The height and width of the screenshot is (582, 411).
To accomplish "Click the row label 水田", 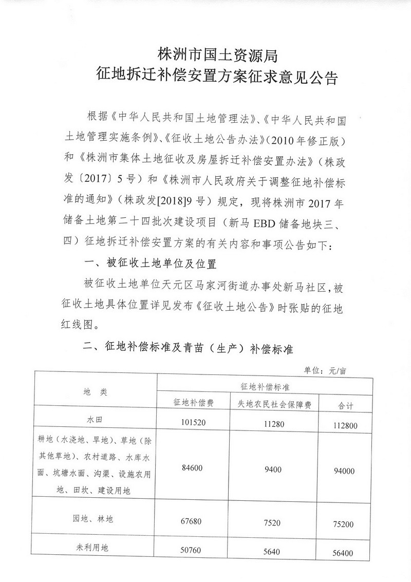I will click(95, 420).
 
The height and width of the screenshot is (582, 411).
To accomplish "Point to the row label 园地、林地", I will click(95, 519).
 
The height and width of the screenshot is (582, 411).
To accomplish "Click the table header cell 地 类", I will click(95, 392).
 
